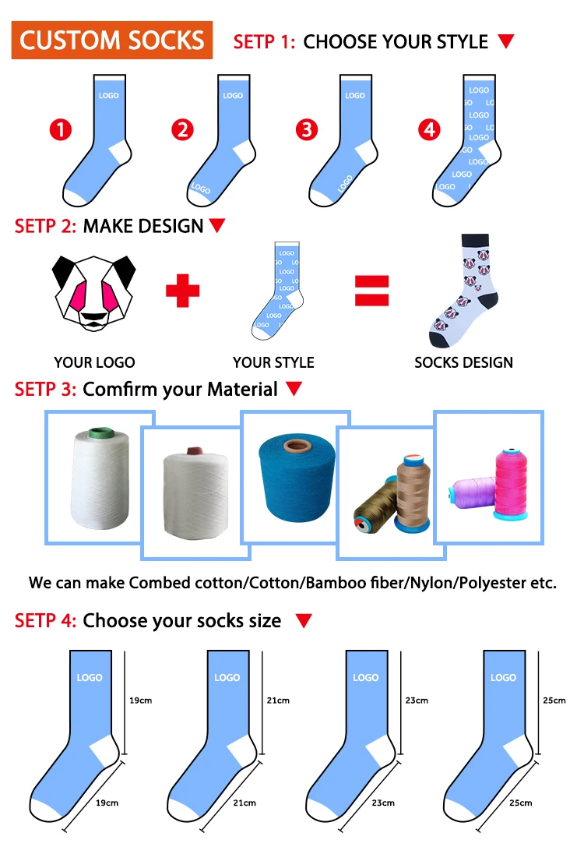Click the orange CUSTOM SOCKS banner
[111, 41]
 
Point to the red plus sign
[182, 291]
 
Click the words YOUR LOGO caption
[94, 362]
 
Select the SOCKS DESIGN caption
[463, 362]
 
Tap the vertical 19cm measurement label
[140, 700]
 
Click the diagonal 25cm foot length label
[520, 803]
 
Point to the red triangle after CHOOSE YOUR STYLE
[506, 41]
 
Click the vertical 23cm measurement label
[417, 700]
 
